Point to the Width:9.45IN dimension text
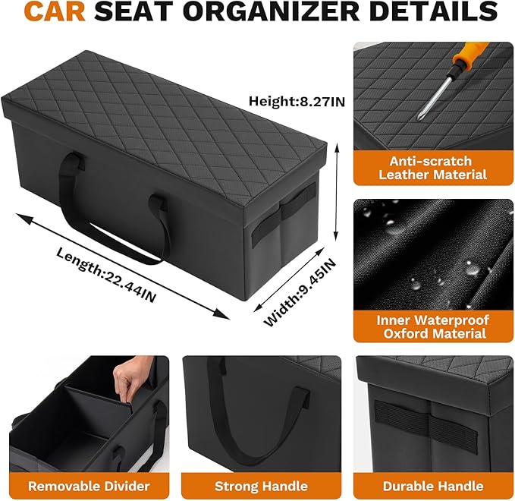(x=298, y=292)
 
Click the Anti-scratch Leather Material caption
(x=429, y=168)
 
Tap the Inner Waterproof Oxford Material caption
(x=431, y=326)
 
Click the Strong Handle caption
(x=261, y=485)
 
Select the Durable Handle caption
(x=433, y=485)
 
